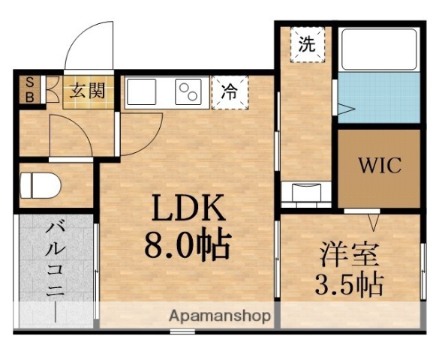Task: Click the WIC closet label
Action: [379, 166]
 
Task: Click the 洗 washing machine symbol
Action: [308, 44]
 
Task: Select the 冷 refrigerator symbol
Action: [229, 93]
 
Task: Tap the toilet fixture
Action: [38, 184]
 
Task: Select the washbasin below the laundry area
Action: [305, 193]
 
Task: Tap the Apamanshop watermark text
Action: [219, 316]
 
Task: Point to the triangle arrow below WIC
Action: [373, 222]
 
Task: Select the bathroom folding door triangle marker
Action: [343, 111]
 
